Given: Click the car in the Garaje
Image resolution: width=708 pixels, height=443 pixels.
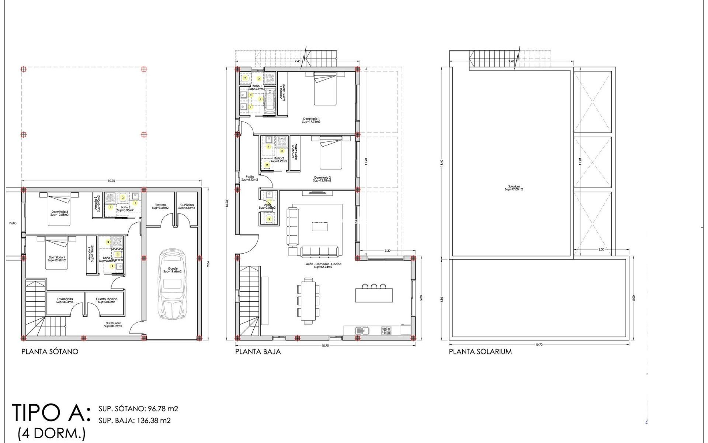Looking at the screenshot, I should (172, 284).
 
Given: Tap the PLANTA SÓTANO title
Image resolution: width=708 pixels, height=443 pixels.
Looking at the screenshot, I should (50, 351).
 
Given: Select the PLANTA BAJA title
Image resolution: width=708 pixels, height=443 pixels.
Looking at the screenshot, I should (258, 351).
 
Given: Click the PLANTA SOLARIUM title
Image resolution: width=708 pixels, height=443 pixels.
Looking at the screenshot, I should (480, 351).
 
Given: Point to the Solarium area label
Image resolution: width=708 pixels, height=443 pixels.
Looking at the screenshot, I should (514, 188).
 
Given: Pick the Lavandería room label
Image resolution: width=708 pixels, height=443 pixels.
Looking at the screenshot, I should (65, 300).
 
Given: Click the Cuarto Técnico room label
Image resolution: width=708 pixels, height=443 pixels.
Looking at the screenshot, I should (107, 300).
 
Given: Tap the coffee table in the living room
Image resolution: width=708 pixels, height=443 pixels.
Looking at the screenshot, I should (319, 226).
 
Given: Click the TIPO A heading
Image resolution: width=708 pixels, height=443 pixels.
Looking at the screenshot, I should (51, 412).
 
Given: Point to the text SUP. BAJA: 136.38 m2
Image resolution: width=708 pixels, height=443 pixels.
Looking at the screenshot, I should (135, 420).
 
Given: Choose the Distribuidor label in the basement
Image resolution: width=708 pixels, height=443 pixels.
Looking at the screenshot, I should (112, 325).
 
